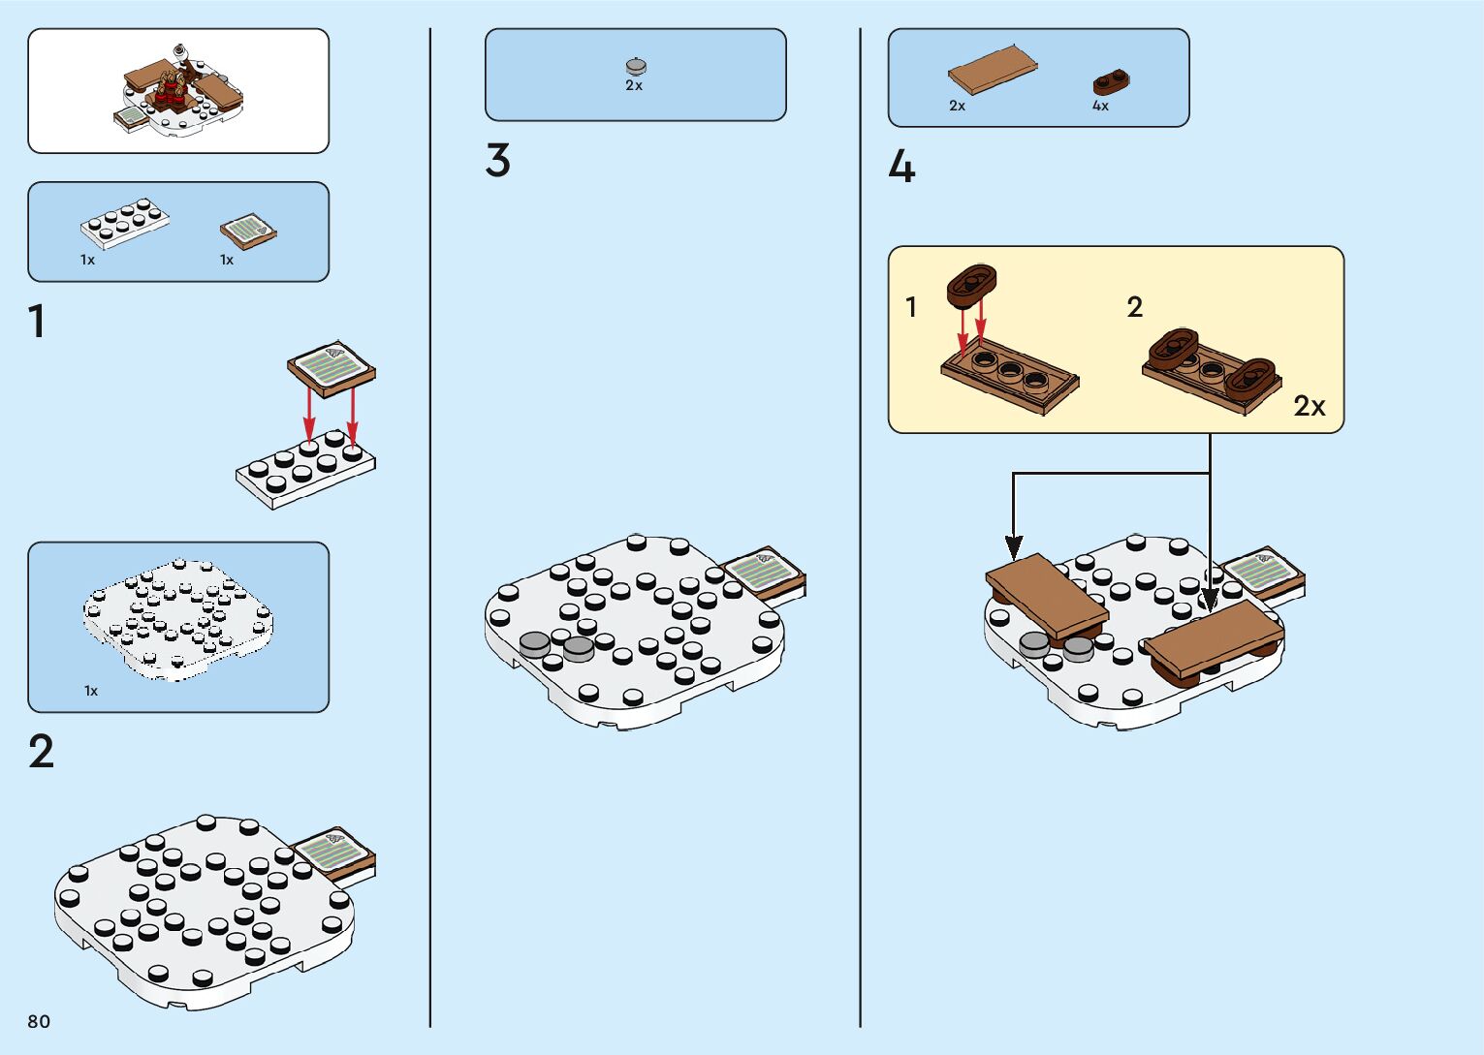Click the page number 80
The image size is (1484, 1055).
coord(39,1021)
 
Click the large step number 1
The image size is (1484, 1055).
coord(37,322)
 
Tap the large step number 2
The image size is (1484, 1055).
coord(41,752)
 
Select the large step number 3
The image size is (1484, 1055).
coord(497,161)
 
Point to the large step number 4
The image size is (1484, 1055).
coord(901,167)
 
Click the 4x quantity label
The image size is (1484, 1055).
coord(1100,106)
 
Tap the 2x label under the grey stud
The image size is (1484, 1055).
coord(634,85)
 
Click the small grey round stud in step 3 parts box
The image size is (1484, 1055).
coord(636,66)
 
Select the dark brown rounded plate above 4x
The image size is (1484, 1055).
coord(1112,81)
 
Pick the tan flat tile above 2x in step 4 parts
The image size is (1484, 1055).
coord(993,69)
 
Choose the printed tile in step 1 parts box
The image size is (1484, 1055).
coord(248,232)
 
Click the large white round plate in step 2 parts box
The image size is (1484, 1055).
coord(178,618)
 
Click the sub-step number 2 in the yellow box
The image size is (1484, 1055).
coord(1135,307)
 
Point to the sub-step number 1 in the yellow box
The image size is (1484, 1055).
coord(910,307)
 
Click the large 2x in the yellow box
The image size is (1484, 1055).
coord(1309,405)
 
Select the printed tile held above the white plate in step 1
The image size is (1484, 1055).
coord(332,368)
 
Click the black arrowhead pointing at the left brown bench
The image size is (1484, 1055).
coord(1013,548)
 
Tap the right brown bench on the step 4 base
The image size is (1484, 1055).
coord(1216,636)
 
